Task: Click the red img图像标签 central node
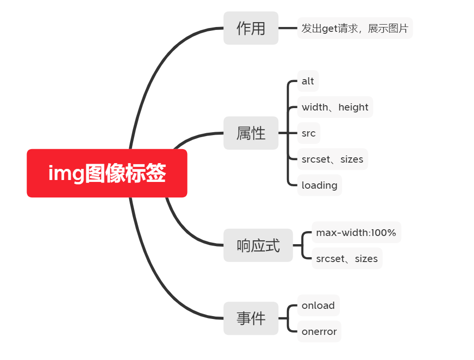click(107, 173)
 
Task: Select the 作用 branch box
click(251, 28)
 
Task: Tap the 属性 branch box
click(251, 133)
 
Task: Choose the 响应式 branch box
click(258, 245)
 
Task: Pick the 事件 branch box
click(251, 318)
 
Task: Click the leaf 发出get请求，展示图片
click(355, 28)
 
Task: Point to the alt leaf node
click(308, 81)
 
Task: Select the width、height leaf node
click(335, 107)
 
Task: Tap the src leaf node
click(309, 133)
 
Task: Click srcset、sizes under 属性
click(332, 159)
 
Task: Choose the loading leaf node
click(319, 185)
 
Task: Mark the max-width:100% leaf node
click(356, 233)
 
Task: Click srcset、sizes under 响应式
click(347, 259)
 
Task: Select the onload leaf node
click(318, 305)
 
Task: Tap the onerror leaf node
click(319, 332)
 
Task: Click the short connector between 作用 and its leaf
click(288, 28)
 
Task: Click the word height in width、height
click(353, 107)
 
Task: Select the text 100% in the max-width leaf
click(384, 233)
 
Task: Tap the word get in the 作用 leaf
click(329, 28)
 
